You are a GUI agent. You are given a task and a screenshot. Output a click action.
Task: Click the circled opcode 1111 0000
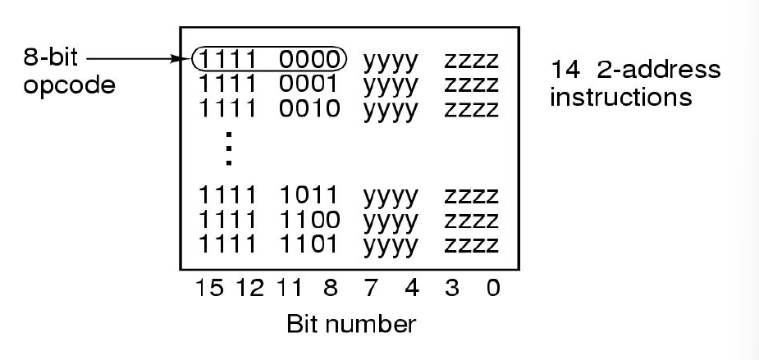(x=269, y=60)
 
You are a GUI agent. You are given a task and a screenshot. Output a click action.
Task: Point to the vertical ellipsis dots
(x=229, y=148)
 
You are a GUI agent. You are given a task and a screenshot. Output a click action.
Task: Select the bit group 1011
(x=309, y=197)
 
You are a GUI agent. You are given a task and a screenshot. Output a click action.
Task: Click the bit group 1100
(x=309, y=220)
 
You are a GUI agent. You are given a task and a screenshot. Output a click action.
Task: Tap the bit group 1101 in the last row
(x=309, y=243)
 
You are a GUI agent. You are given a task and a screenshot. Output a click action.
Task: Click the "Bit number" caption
(x=350, y=325)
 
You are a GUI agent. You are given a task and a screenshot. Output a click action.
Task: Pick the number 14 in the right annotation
(x=565, y=71)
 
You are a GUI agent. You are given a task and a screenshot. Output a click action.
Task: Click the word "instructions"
(x=620, y=97)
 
